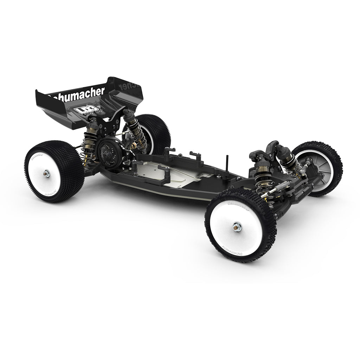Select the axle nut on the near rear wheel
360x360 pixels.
(x=47, y=172)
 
